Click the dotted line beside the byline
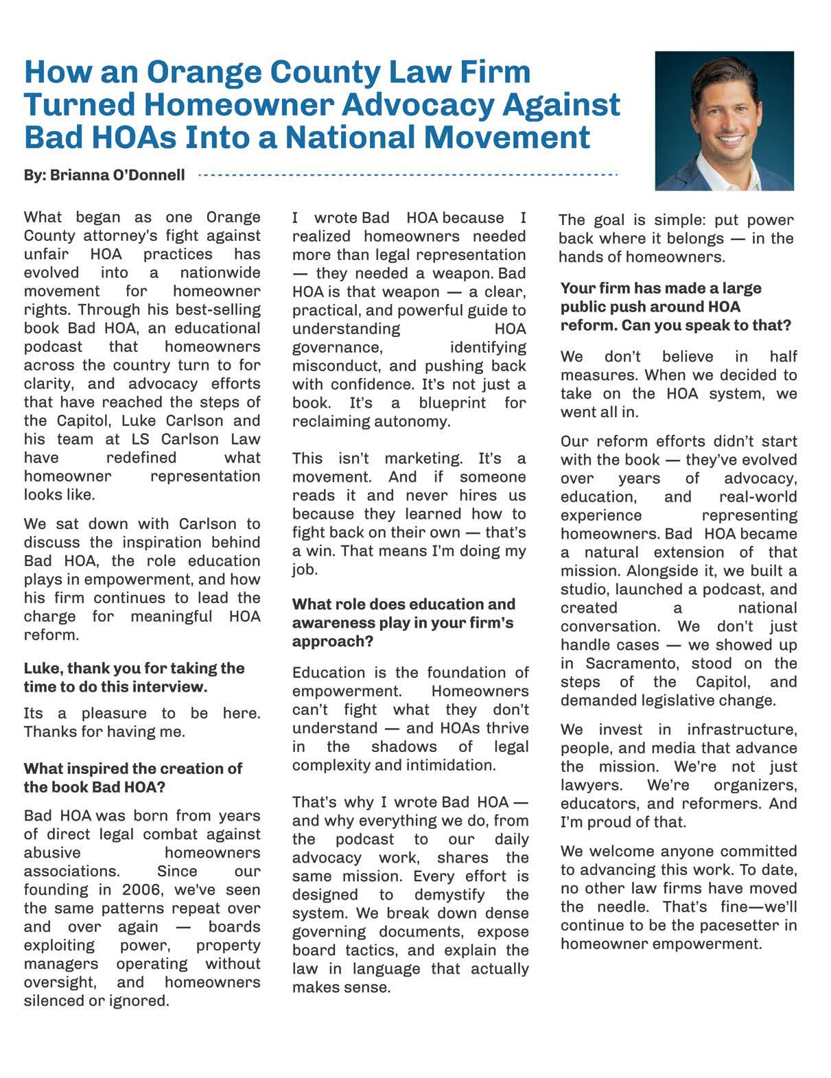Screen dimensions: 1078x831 pyautogui.click(x=408, y=175)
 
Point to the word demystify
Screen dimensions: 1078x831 pyautogui.click(x=449, y=895)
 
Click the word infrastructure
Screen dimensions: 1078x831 pyautogui.click(x=742, y=729)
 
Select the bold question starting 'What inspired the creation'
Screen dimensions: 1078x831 pyautogui.click(x=133, y=777)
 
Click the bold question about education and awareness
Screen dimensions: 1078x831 pyautogui.click(x=403, y=622)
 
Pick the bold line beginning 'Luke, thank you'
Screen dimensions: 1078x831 pyautogui.click(x=134, y=677)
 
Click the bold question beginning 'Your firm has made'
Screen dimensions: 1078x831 pyautogui.click(x=675, y=306)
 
